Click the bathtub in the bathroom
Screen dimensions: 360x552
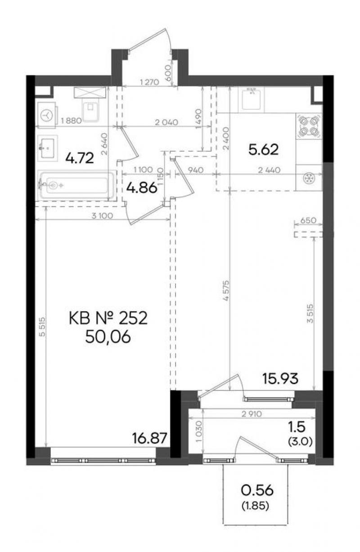point(77,185)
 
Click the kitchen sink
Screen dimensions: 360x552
point(251,99)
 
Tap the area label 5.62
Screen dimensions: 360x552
point(263,149)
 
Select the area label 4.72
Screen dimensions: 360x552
point(80,158)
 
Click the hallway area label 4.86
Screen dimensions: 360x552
point(142,188)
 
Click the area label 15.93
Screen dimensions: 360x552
point(280,378)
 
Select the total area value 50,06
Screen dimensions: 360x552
point(108,337)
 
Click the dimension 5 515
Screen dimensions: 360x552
point(43,326)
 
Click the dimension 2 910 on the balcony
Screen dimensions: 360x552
point(252,414)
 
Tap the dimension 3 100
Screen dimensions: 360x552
point(102,216)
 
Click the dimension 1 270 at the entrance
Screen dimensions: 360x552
point(150,82)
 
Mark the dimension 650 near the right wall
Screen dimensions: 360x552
point(308,220)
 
